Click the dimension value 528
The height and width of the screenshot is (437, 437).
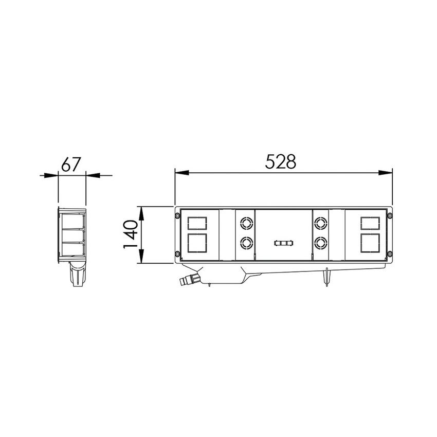[280, 161]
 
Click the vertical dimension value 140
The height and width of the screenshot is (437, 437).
[131, 234]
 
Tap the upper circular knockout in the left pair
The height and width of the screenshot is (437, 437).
[246, 223]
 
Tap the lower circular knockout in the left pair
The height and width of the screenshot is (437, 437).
[246, 243]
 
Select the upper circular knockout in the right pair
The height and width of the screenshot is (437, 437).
[320, 223]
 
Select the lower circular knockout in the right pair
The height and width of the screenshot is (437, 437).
[320, 243]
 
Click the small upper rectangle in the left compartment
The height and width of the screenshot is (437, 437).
[197, 224]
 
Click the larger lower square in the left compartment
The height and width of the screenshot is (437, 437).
[197, 243]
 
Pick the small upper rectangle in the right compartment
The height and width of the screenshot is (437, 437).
[370, 224]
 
